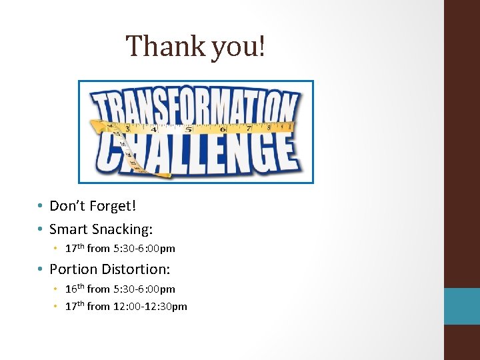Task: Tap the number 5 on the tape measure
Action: tap(189, 129)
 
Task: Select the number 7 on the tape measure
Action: tap(249, 127)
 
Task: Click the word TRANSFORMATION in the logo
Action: tap(195, 107)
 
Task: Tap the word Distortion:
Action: tap(136, 269)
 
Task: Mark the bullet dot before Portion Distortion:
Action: tap(41, 270)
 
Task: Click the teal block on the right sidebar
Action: tap(461, 306)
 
